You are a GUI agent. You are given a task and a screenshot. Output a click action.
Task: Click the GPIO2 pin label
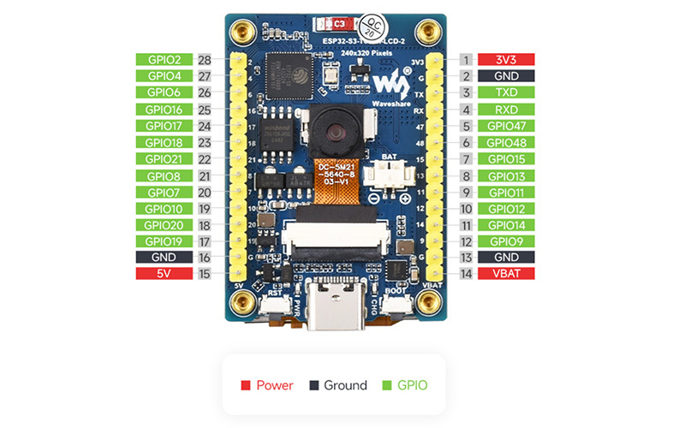(164, 60)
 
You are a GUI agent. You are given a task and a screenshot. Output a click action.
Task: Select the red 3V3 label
(504, 60)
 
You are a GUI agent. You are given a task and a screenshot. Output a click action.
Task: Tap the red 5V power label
(164, 274)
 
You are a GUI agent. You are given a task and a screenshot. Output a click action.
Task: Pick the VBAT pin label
(504, 274)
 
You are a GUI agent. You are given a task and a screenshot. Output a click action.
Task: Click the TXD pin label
(504, 92)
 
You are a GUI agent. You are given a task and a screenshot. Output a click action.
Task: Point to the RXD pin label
(504, 110)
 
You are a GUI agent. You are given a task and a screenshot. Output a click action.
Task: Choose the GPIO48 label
(504, 142)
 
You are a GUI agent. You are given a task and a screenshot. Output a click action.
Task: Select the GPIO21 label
(164, 158)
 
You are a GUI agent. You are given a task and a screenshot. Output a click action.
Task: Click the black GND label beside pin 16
(164, 258)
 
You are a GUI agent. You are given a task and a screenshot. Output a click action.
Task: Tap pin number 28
(204, 60)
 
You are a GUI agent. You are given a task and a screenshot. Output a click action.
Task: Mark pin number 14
(466, 274)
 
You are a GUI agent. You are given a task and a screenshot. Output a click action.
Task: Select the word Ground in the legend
(345, 385)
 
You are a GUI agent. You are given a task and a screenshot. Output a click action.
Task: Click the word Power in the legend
(274, 385)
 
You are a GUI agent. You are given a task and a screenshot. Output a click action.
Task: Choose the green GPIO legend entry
(409, 385)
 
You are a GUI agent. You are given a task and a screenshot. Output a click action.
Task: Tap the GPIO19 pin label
(164, 241)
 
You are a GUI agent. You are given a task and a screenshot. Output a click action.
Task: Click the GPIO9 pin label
(504, 241)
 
